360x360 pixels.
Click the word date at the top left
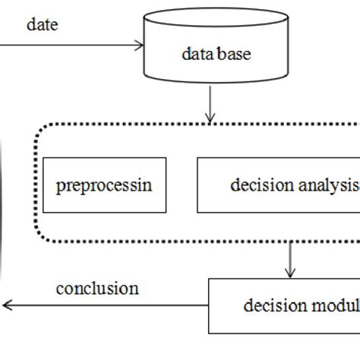43,24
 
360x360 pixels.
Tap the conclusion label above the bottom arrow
97,289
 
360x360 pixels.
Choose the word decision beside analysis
262,185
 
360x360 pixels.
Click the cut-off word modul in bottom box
335,306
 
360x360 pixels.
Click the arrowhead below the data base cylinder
210,118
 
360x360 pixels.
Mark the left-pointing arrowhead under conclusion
6,305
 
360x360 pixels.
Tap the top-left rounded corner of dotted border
39,131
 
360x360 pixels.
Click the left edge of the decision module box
209,306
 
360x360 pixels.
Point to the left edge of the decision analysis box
197,185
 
